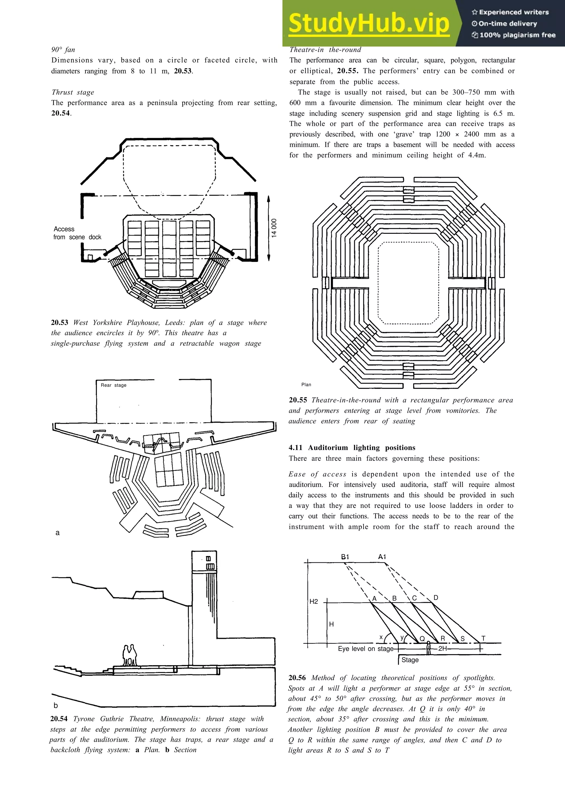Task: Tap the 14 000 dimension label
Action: pyautogui.click(x=274, y=228)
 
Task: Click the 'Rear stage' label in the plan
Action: pyautogui.click(x=113, y=385)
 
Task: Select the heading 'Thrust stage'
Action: pyautogui.click(x=73, y=92)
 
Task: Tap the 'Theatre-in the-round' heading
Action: pyautogui.click(x=325, y=49)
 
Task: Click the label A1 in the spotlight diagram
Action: pyautogui.click(x=382, y=556)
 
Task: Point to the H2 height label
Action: pyautogui.click(x=314, y=601)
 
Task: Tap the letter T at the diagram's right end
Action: pyautogui.click(x=483, y=638)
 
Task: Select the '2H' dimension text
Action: pyautogui.click(x=443, y=648)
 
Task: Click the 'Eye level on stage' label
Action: pyautogui.click(x=366, y=649)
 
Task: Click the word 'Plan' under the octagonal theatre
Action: pyautogui.click(x=306, y=385)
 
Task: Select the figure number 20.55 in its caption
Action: pyautogui.click(x=298, y=400)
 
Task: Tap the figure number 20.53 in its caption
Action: pyautogui.click(x=60, y=323)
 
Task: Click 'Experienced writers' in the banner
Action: pyautogui.click(x=510, y=12)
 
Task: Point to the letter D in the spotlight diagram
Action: pyautogui.click(x=436, y=597)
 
